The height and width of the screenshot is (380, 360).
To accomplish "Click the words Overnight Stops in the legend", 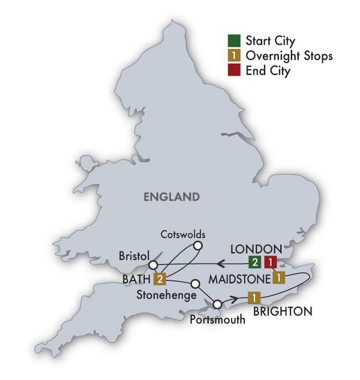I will (289, 56).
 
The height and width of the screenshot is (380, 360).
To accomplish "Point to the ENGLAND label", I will (171, 196).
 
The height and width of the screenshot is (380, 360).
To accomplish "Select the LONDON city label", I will (256, 249).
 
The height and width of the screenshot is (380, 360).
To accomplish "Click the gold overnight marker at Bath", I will (159, 279).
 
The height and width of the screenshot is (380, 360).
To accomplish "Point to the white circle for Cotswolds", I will (197, 245).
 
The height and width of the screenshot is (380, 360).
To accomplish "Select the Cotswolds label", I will (183, 234).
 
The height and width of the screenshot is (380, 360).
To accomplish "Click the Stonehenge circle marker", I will (195, 283).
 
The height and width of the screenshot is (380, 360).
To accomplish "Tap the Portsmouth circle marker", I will (218, 304).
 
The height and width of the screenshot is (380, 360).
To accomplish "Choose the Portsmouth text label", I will (218, 319).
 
